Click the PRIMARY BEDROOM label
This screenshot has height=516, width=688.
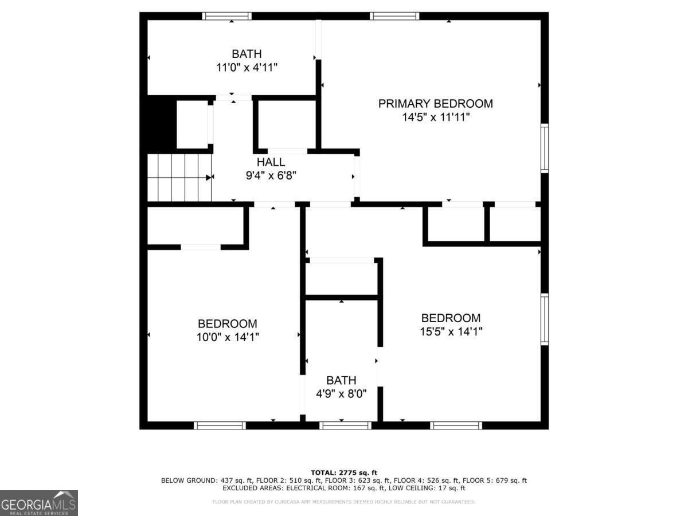click(435, 104)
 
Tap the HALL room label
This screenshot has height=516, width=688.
click(271, 162)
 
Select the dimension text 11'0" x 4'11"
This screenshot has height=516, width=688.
click(247, 67)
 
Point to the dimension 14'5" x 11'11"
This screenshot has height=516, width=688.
click(435, 118)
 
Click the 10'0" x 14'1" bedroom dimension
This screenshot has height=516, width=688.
click(228, 337)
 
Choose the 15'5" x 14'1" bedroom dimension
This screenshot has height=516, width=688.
click(451, 331)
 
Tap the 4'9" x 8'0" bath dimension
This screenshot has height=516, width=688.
click(341, 394)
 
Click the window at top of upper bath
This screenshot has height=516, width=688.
click(227, 16)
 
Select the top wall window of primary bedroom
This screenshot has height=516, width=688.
click(394, 16)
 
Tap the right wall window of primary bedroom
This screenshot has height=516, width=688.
click(545, 148)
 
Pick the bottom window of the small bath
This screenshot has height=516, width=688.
click(345, 425)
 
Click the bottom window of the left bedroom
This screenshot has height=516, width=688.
click(220, 425)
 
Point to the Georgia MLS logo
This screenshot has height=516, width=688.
click(38, 503)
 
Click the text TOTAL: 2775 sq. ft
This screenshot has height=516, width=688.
click(343, 472)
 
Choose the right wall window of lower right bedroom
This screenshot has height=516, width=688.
click(545, 319)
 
